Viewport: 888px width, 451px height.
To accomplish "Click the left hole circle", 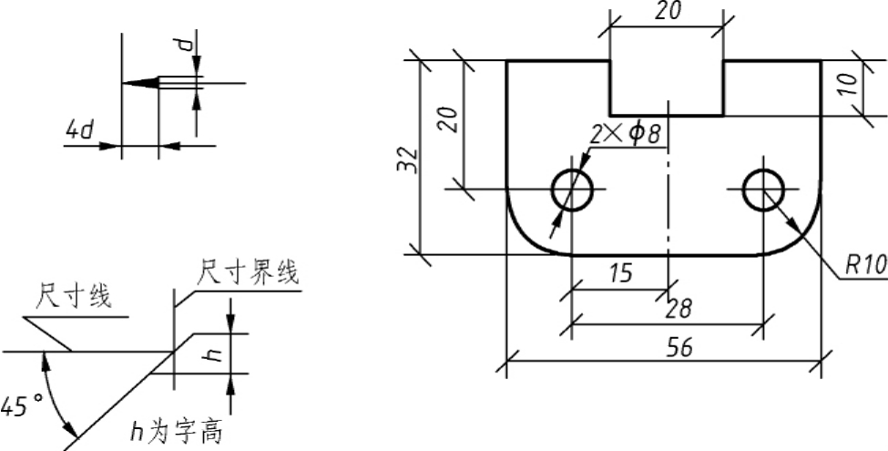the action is pyautogui.click(x=552, y=190).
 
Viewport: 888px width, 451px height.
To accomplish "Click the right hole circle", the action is pyautogui.click(x=743, y=190).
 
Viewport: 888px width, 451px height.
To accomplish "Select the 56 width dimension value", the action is pyautogui.click(x=680, y=348).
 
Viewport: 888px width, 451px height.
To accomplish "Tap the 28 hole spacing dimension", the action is pyautogui.click(x=679, y=310).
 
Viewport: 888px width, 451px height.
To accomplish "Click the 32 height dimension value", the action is pyautogui.click(x=407, y=160).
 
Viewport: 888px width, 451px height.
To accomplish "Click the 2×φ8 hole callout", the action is pyautogui.click(x=625, y=135).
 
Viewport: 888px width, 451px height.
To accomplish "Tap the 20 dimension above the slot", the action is pyautogui.click(x=668, y=10).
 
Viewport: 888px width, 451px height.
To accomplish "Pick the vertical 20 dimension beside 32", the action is pyautogui.click(x=450, y=119).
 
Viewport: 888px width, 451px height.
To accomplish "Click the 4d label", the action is pyautogui.click(x=79, y=131).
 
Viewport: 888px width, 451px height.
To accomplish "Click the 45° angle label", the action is pyautogui.click(x=22, y=406).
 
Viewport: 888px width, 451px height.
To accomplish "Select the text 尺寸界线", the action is pyautogui.click(x=248, y=272).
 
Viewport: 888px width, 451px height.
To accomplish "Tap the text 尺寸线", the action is pyautogui.click(x=74, y=296).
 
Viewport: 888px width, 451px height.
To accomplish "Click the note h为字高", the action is pyautogui.click(x=176, y=432).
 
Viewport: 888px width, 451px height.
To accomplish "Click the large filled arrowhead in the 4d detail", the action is pyautogui.click(x=140, y=83).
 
